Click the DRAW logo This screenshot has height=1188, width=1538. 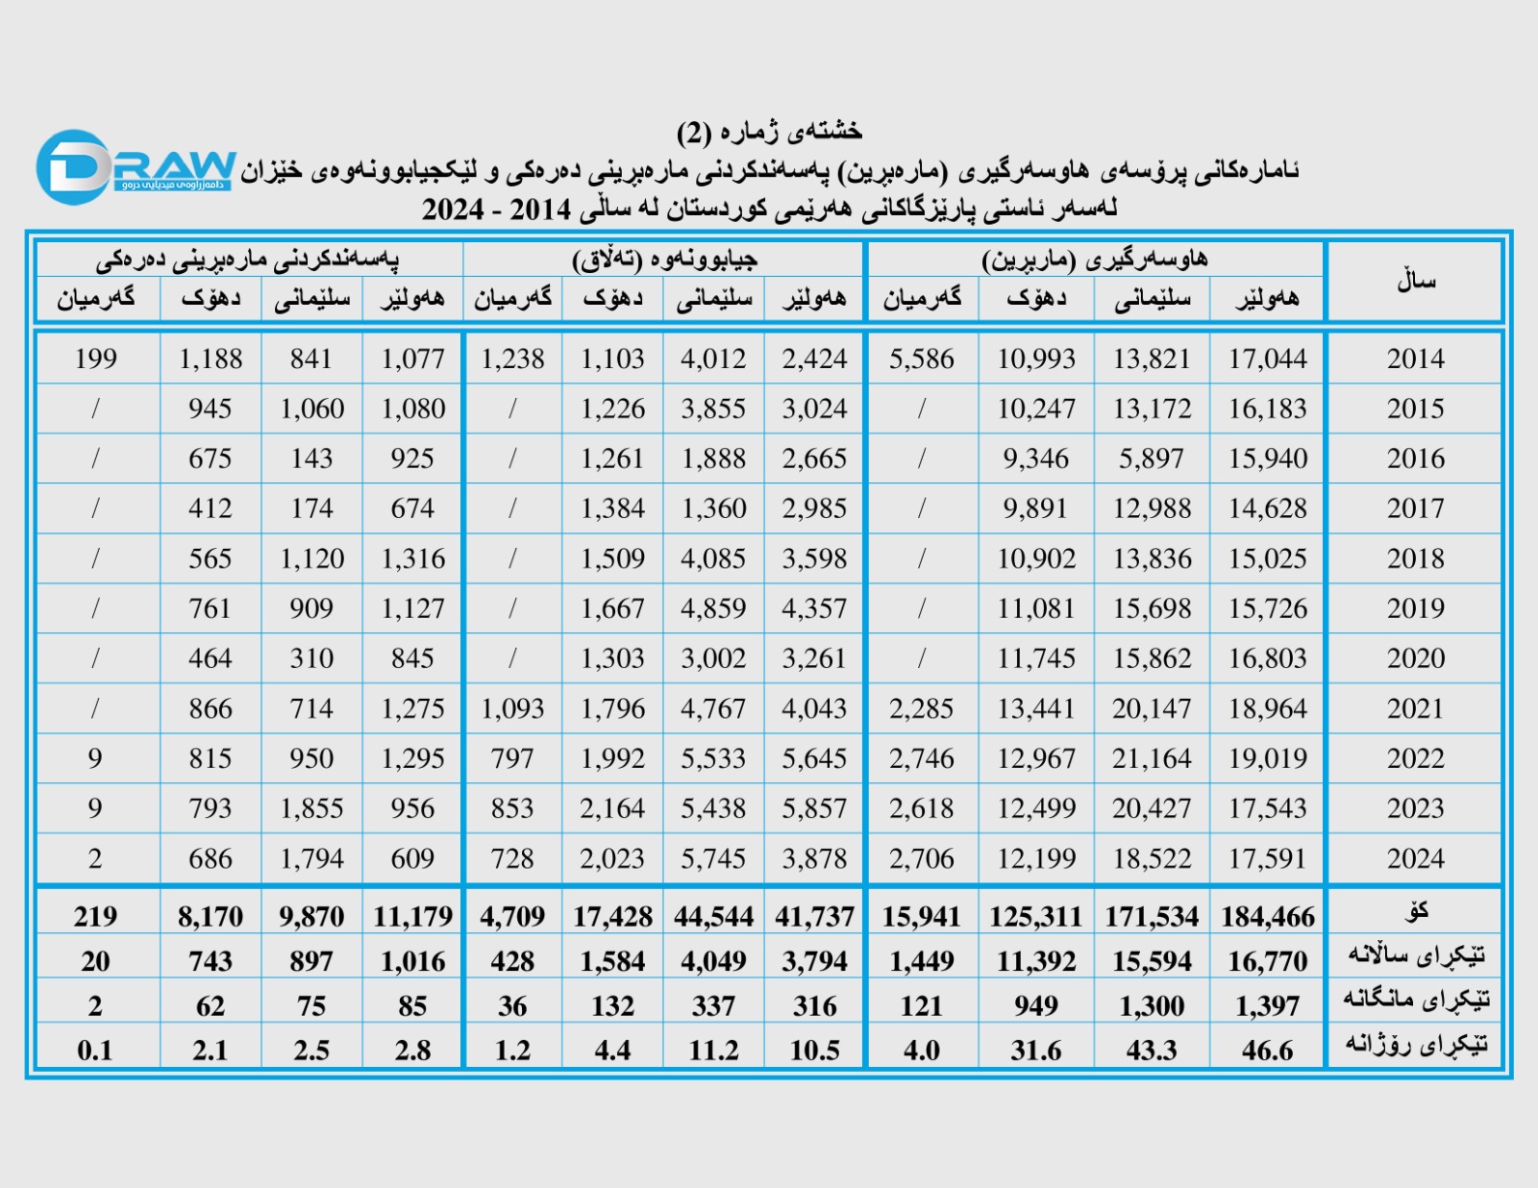click(135, 167)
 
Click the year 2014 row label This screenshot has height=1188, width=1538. click(1415, 359)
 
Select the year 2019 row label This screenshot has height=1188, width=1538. click(1415, 608)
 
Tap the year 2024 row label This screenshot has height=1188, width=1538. click(1415, 858)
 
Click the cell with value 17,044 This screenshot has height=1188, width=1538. click(1267, 359)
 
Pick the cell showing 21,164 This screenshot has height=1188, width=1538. click(1151, 758)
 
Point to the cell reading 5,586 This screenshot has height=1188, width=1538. click(921, 359)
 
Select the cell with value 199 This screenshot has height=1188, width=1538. click(95, 359)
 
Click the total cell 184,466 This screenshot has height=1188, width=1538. click(1267, 917)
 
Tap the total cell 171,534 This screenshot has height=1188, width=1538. click(1151, 917)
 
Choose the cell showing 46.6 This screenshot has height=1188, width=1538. click(1267, 1051)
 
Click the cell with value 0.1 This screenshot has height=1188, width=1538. click(95, 1051)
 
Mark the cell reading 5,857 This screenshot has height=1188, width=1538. click(813, 808)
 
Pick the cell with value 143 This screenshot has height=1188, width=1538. click(311, 458)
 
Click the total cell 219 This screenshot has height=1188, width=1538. click(95, 917)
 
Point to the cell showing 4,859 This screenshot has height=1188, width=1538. click(712, 608)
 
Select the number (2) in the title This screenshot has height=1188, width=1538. click(694, 132)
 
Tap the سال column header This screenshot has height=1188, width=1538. click(1415, 281)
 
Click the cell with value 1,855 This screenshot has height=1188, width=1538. click(311, 808)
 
